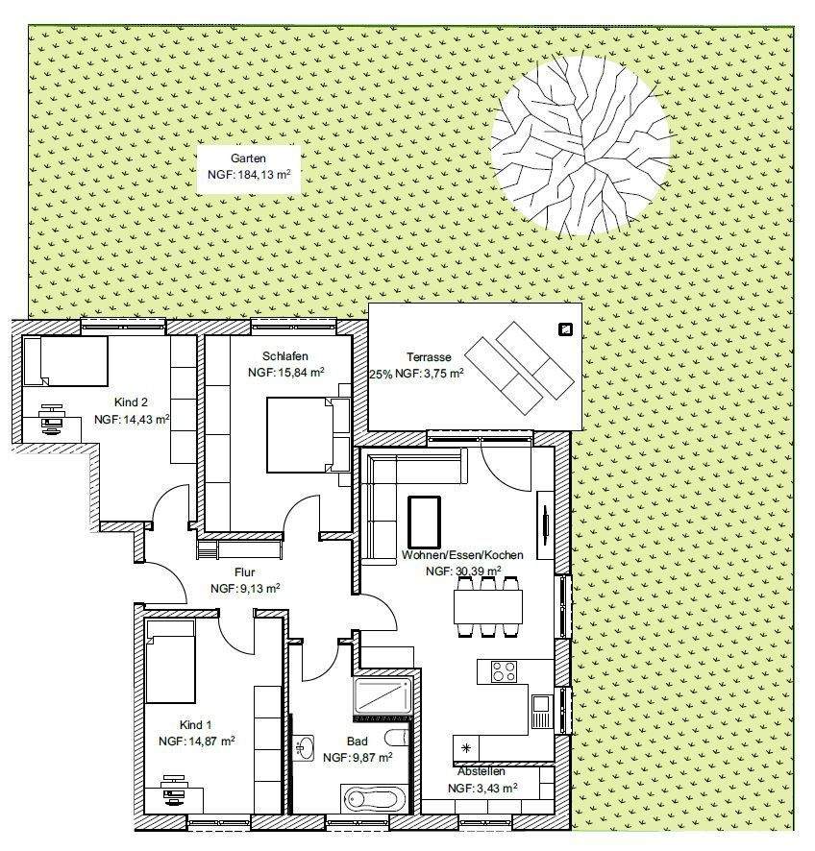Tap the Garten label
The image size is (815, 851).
pyautogui.click(x=248, y=158)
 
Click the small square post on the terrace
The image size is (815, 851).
pyautogui.click(x=565, y=329)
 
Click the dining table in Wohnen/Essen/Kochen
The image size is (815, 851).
pyautogui.click(x=489, y=604)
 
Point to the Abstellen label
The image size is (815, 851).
pyautogui.click(x=482, y=770)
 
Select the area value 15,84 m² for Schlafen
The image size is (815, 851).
pyautogui.click(x=285, y=372)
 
